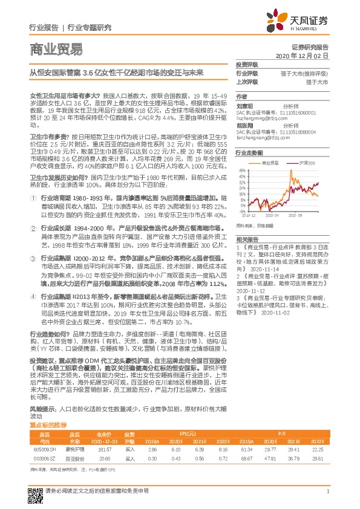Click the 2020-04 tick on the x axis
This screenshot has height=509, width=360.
tap(283, 215)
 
